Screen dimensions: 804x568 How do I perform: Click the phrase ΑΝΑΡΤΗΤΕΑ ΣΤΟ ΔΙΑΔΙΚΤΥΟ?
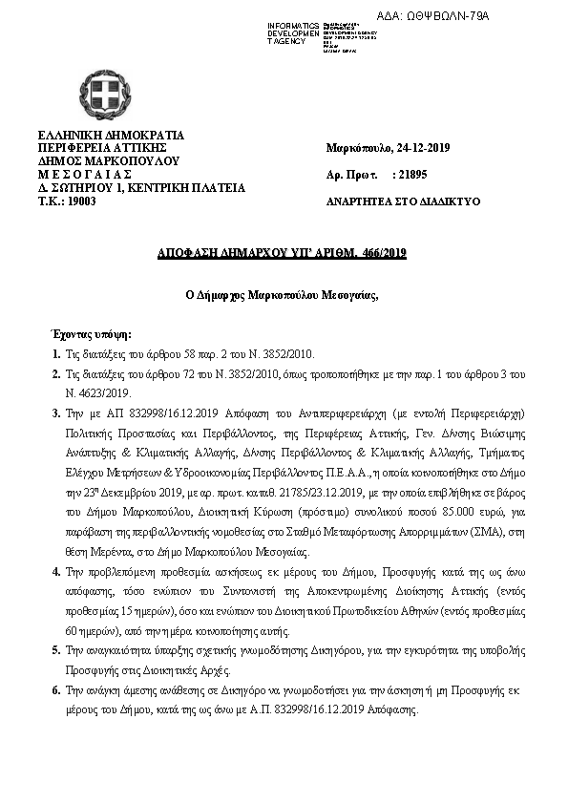point(403,202)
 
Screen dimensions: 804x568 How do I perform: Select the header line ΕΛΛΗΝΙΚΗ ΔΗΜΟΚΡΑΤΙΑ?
point(110,135)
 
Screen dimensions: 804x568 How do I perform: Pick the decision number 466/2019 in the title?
point(378,252)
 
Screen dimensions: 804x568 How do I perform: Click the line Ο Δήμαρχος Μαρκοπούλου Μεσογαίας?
point(282,296)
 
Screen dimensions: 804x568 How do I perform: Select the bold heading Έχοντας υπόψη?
point(92,335)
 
